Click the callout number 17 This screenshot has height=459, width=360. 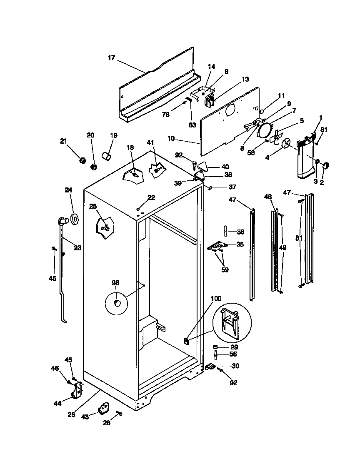click(x=111, y=58)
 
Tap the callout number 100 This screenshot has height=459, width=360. click(x=216, y=299)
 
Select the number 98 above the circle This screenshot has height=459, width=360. click(x=115, y=283)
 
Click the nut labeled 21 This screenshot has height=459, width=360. click(x=82, y=160)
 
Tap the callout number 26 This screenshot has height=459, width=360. click(x=72, y=414)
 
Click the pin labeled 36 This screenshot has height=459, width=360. click(x=225, y=230)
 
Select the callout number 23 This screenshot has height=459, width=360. click(x=77, y=248)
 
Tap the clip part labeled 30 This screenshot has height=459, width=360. click(x=210, y=366)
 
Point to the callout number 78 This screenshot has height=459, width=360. click(x=166, y=115)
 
